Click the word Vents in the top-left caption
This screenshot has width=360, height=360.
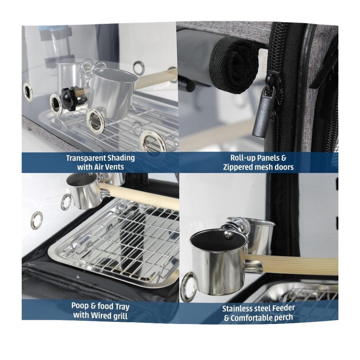[x=114, y=167]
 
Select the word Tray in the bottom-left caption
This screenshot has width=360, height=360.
[x=121, y=307]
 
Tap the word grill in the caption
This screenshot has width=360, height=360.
[x=119, y=316]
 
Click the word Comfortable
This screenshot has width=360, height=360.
[x=251, y=318]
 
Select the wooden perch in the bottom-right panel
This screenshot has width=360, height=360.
[x=292, y=265]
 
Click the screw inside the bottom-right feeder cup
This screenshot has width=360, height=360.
[x=229, y=234]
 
